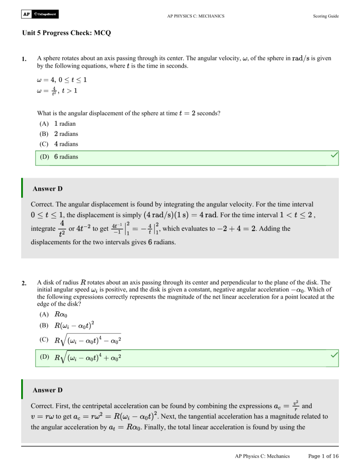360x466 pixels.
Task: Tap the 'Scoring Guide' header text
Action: click(x=325, y=16)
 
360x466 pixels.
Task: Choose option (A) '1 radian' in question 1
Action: click(x=57, y=124)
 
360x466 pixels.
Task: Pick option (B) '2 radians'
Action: click(x=58, y=134)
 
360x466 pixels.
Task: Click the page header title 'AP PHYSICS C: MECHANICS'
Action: click(x=196, y=16)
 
